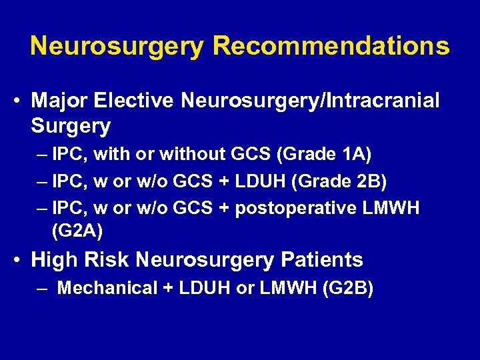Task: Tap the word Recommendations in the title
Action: (x=331, y=46)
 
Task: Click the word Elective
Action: (x=135, y=101)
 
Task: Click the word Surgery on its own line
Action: (x=70, y=125)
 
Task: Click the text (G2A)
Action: (x=76, y=231)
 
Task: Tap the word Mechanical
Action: (x=107, y=289)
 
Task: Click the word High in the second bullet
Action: (x=55, y=259)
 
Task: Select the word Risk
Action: (x=111, y=259)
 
